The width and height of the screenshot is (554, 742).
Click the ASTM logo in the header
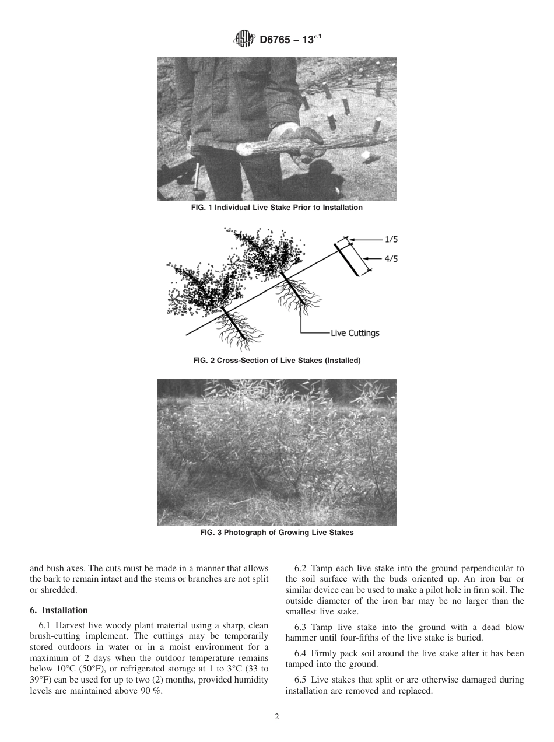[x=244, y=39]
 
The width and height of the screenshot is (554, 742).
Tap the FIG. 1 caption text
[x=276, y=208]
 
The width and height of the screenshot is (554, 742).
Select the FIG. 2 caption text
[x=276, y=360]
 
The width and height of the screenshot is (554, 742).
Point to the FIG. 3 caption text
[x=276, y=533]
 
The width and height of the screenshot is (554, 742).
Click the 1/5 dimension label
[x=390, y=239]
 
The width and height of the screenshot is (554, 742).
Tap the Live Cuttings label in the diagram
[x=355, y=333]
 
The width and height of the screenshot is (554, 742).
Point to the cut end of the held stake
[x=243, y=149]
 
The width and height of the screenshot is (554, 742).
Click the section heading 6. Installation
[x=59, y=610]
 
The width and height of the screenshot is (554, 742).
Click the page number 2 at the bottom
[x=277, y=717]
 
